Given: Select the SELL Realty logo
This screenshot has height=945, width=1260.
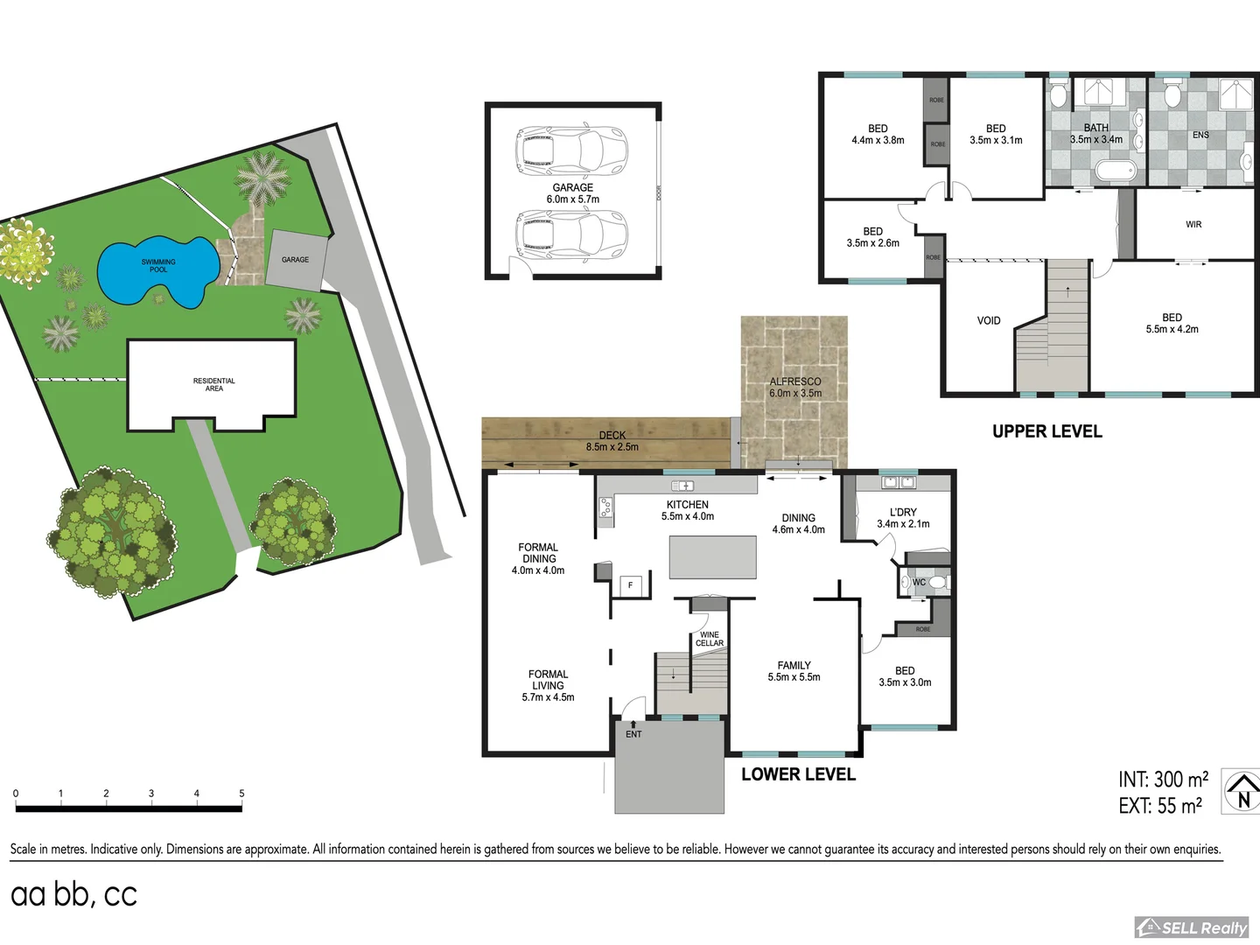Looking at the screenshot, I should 1191,927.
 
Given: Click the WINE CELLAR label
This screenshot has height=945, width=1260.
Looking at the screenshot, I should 709,640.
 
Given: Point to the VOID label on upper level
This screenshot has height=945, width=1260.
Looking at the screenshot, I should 989,321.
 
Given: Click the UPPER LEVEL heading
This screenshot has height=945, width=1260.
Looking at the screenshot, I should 1046,431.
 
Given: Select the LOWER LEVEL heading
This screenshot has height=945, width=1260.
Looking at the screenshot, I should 798,774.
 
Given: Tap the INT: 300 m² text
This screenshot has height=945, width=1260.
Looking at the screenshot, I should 1163,779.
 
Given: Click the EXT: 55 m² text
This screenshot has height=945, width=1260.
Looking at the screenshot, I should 1160,806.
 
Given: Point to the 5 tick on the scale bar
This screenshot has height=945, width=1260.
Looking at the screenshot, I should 241,794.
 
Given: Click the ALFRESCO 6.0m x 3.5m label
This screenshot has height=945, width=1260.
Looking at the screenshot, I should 795,388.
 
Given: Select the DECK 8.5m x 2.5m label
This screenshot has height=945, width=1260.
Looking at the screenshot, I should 612,441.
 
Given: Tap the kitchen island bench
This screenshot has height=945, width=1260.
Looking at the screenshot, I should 712,557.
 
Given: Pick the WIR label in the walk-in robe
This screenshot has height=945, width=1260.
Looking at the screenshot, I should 1193,225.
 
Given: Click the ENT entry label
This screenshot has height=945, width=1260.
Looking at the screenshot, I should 633,734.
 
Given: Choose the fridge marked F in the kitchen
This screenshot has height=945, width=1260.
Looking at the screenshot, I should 630,585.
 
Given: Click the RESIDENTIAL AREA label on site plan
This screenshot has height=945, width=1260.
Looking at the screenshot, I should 213,385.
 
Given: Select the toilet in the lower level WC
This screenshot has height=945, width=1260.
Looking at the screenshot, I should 937,582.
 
